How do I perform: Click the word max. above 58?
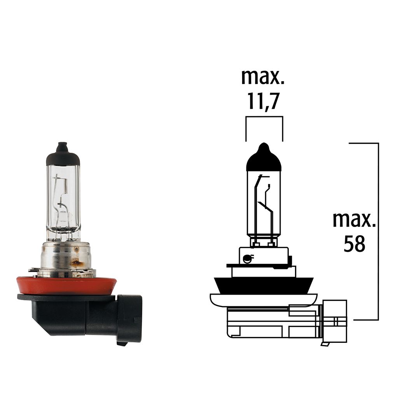click(x=354, y=220)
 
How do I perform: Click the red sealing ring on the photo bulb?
click(x=66, y=286)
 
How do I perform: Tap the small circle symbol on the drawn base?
click(x=246, y=257)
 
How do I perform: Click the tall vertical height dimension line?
click(x=378, y=231)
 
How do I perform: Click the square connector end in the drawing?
click(x=335, y=321)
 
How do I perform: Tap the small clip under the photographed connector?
click(x=122, y=343)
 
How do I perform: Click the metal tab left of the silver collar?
click(x=34, y=269)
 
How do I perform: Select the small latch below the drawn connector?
click(x=325, y=344)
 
